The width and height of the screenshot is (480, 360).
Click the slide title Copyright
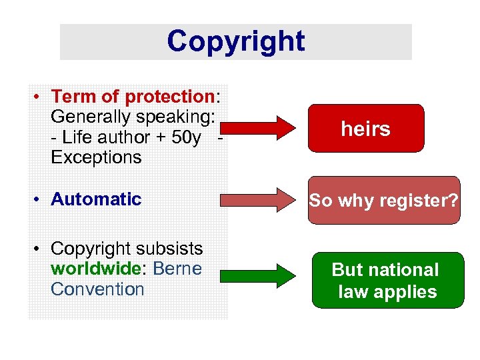pos(235,41)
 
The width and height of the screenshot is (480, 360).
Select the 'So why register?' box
pos(383,200)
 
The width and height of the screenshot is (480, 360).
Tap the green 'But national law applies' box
pos(387,280)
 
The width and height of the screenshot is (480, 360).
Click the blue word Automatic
pos(96,199)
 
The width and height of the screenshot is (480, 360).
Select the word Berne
pos(181,269)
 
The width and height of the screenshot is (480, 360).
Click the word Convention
pos(97,289)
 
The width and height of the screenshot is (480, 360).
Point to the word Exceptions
pos(96,157)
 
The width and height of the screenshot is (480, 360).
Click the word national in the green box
pos(405,269)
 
